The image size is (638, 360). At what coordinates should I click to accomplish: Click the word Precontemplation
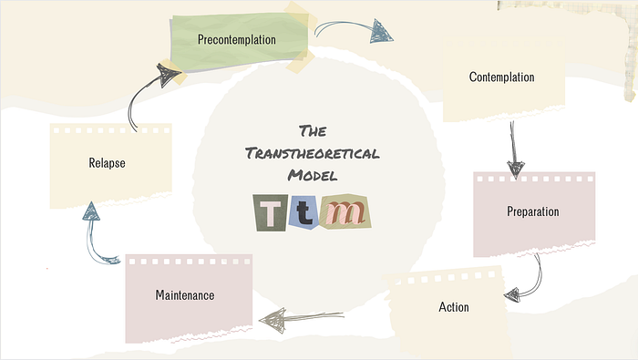click(x=236, y=39)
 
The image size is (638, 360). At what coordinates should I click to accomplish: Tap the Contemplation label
click(x=501, y=77)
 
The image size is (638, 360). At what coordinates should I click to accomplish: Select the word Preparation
click(x=532, y=211)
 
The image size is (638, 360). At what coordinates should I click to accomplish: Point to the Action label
click(x=454, y=307)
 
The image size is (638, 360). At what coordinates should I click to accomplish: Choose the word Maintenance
click(x=185, y=295)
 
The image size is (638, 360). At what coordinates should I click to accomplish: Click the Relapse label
click(x=107, y=163)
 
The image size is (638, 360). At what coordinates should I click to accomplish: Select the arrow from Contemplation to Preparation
click(x=514, y=149)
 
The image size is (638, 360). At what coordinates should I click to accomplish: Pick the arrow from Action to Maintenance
click(x=301, y=317)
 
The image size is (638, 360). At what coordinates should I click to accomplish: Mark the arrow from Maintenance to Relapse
click(x=92, y=240)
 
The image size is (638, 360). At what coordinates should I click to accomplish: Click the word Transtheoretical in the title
click(x=312, y=153)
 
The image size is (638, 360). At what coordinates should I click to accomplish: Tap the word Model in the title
click(x=313, y=175)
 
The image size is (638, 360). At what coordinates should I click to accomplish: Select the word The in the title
click(x=313, y=131)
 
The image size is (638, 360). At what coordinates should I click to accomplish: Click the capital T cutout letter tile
click(x=270, y=212)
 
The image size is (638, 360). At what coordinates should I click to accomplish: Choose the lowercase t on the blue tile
click(x=304, y=213)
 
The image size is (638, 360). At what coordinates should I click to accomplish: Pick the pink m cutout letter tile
click(x=346, y=211)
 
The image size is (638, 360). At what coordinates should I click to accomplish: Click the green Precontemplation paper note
click(x=239, y=42)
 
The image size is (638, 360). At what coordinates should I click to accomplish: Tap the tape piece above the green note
click(x=300, y=16)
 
